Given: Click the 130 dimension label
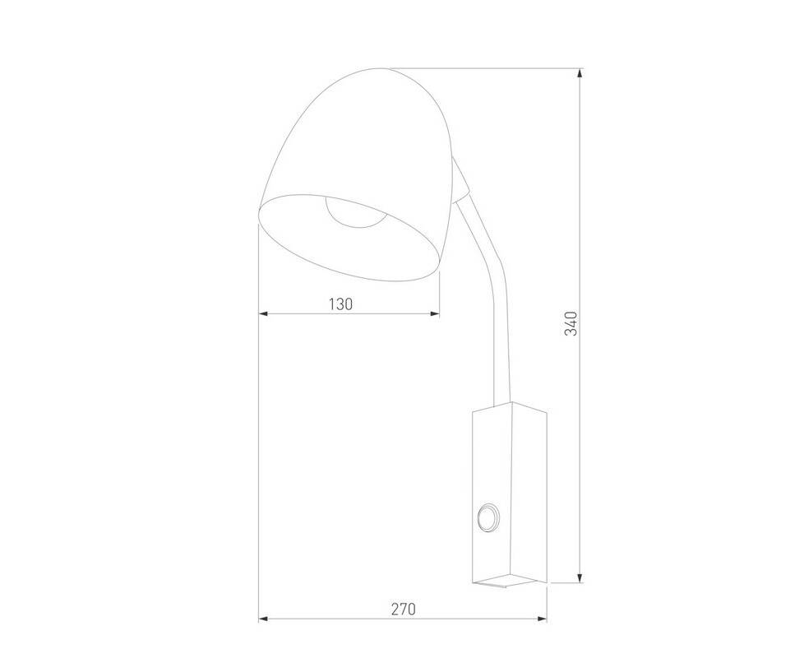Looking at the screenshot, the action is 340,304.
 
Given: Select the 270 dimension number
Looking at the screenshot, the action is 404,609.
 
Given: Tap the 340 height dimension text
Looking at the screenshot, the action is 571,323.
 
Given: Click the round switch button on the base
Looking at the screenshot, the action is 487,517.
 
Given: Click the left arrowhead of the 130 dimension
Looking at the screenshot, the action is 264,313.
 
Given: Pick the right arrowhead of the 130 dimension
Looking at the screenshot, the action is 434,313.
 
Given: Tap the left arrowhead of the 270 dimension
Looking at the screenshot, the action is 264,619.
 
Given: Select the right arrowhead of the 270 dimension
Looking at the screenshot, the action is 542,619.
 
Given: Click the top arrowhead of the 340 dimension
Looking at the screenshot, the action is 580,73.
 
